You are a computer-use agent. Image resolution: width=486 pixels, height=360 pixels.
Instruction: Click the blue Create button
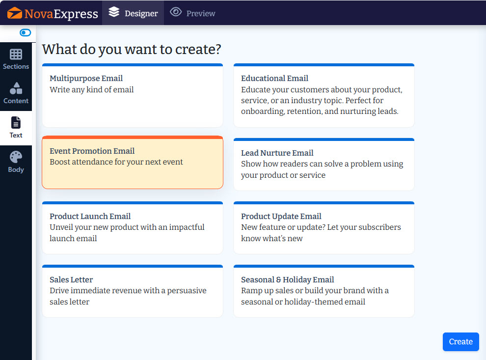pyautogui.click(x=460, y=342)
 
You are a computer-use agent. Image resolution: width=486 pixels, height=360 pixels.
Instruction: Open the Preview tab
pyautogui.click(x=192, y=13)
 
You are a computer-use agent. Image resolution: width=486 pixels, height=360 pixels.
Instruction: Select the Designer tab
pyautogui.click(x=133, y=13)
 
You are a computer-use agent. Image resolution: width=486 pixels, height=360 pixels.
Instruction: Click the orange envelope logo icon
pyautogui.click(x=15, y=13)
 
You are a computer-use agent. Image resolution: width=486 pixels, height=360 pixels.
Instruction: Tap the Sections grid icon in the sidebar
pyautogui.click(x=16, y=54)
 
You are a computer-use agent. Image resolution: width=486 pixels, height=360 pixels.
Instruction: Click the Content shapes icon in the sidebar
pyautogui.click(x=16, y=88)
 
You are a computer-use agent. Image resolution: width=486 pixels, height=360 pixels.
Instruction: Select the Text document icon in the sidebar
pyautogui.click(x=16, y=122)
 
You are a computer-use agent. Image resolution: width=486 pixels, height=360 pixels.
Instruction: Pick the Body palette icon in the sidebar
pyautogui.click(x=16, y=157)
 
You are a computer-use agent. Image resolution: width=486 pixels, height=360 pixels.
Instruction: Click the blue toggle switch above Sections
pyautogui.click(x=25, y=32)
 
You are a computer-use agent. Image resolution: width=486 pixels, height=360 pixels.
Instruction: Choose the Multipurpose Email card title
pyautogui.click(x=86, y=78)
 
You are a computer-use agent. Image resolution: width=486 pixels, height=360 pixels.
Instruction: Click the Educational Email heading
pyautogui.click(x=274, y=78)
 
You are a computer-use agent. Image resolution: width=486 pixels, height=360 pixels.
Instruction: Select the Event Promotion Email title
pyautogui.click(x=92, y=151)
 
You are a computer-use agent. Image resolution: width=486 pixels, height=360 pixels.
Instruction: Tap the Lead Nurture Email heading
pyautogui.click(x=277, y=153)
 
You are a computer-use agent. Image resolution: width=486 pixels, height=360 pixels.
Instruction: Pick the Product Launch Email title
pyautogui.click(x=90, y=216)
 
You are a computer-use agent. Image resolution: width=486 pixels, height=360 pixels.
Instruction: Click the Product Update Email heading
pyautogui.click(x=281, y=216)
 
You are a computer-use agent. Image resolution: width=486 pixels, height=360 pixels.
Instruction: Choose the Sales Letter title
pyautogui.click(x=71, y=279)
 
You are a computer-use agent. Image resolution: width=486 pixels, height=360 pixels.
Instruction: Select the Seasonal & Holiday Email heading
pyautogui.click(x=288, y=279)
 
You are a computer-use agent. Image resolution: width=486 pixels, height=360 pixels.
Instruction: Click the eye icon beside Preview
pyautogui.click(x=176, y=12)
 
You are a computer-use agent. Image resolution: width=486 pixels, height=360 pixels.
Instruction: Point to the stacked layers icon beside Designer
pyautogui.click(x=114, y=12)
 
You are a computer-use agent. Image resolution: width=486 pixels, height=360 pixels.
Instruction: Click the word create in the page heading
pyautogui.click(x=198, y=49)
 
